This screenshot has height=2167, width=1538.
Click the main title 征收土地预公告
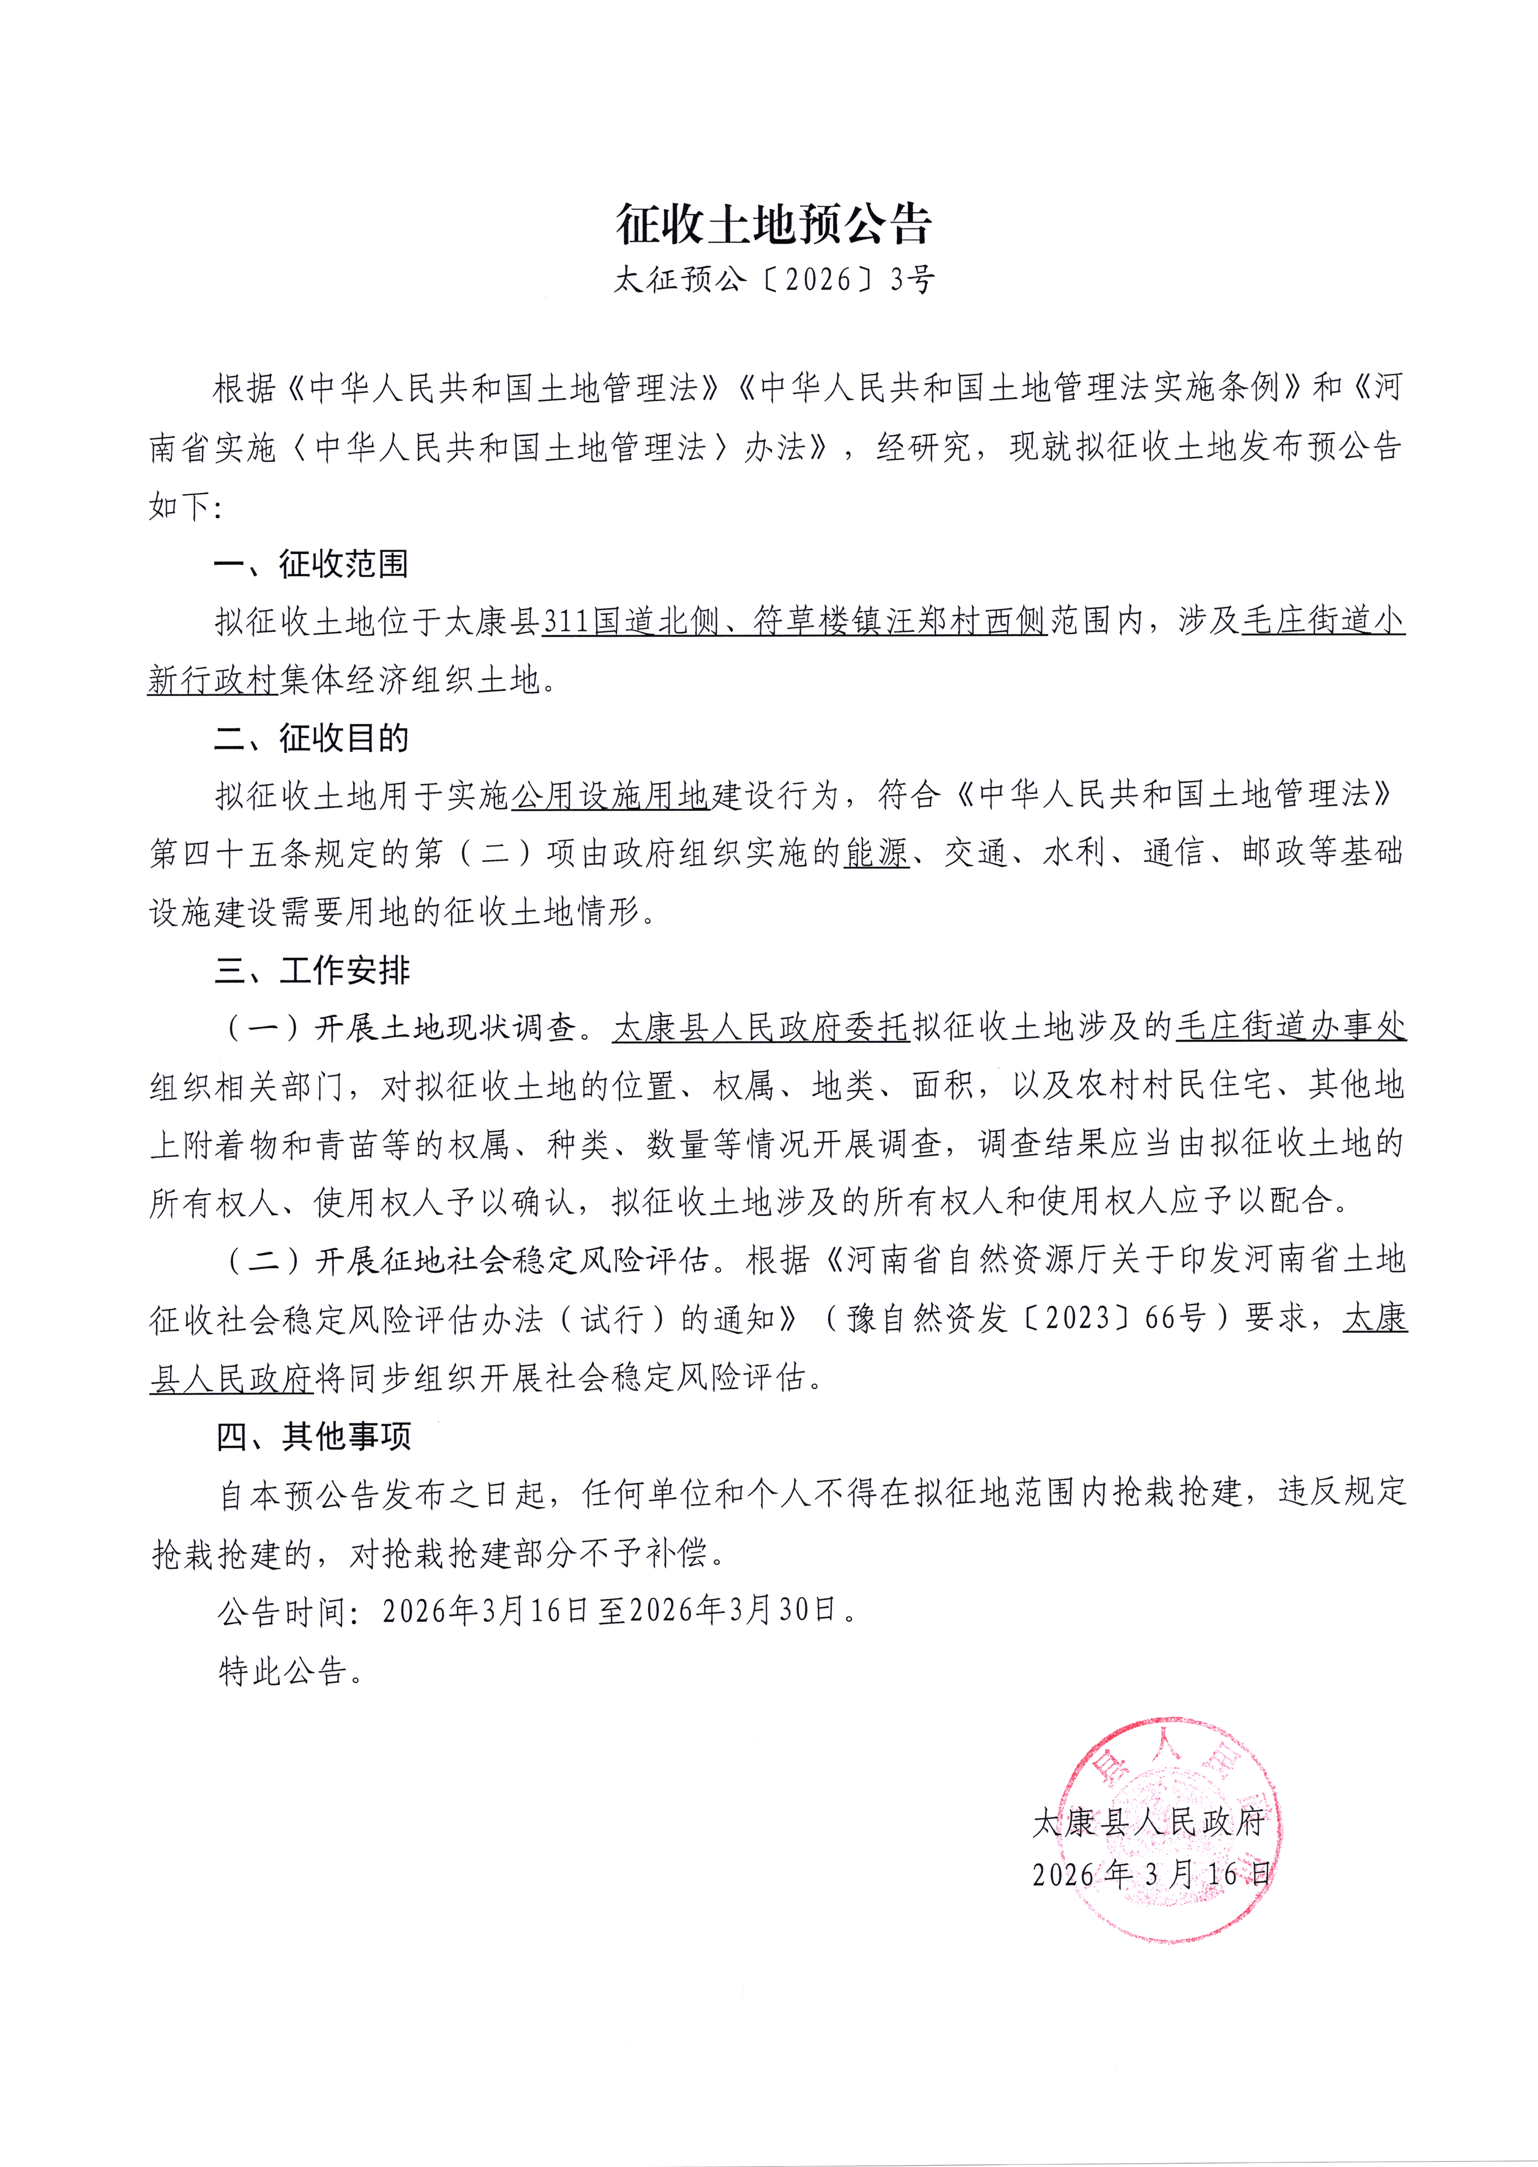[x=774, y=224]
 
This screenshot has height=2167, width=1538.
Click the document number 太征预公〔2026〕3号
[x=774, y=279]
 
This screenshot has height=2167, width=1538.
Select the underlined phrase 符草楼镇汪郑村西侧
[x=900, y=622]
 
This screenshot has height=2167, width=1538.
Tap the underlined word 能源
[x=876, y=854]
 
